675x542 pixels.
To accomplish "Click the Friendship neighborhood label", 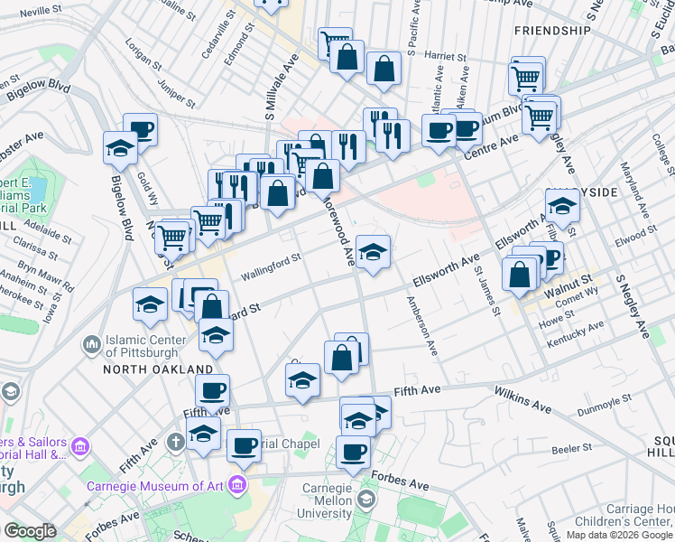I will coord(550,30).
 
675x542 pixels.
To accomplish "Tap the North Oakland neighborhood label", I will coord(157,369).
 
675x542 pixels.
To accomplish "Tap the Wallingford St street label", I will coord(270,264).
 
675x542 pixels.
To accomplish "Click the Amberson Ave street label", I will coord(421,326).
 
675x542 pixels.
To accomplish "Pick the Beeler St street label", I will coord(571,447).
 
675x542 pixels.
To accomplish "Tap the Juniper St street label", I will coord(176,89).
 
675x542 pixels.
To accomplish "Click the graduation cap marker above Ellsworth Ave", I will coord(373,251).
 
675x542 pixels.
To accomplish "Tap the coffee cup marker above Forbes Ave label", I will coord(354,451).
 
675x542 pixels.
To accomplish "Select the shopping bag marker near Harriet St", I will coord(384,68).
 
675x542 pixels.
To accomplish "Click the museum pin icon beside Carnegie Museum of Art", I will coord(238,484).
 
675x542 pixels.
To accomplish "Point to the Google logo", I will coord(31,531).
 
